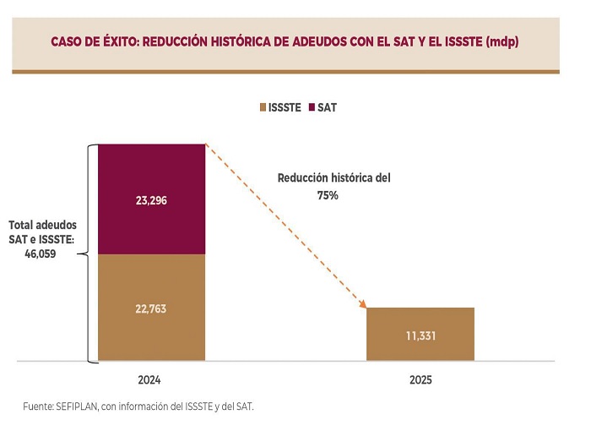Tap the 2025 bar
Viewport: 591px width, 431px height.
pos(420,334)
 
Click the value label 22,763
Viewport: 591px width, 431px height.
pos(151,308)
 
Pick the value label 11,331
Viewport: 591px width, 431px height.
pos(420,336)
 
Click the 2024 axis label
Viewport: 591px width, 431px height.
pos(151,380)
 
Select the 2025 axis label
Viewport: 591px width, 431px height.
pos(420,380)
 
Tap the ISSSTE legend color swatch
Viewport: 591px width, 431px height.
pos(262,108)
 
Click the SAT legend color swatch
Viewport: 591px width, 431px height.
pos(312,108)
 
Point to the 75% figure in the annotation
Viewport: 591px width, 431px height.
pos(328,195)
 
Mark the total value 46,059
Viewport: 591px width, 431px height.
pos(39,254)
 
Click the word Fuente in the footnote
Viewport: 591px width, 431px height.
pos(40,406)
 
